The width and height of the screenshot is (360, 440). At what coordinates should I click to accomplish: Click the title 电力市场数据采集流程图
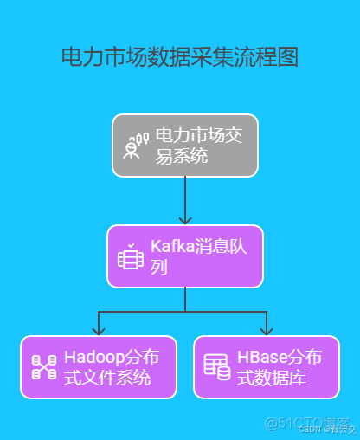click(x=180, y=58)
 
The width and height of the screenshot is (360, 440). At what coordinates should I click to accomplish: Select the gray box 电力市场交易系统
click(x=185, y=146)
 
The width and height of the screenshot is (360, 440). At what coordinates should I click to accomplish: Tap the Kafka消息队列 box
click(x=185, y=256)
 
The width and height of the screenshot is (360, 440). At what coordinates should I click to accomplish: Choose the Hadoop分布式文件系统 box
click(x=100, y=367)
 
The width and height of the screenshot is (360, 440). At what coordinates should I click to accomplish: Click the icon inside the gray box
click(x=132, y=146)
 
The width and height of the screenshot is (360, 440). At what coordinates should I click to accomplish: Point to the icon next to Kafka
click(x=130, y=257)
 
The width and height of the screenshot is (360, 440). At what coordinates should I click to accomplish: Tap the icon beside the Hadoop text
click(x=43, y=367)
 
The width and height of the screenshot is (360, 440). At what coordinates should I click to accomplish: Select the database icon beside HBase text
click(x=216, y=366)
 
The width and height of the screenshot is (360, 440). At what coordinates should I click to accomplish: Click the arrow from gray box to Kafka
click(x=185, y=200)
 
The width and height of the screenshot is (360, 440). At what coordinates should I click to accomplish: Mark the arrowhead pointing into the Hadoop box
click(x=100, y=330)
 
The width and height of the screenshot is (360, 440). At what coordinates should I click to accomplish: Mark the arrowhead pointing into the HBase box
click(x=267, y=330)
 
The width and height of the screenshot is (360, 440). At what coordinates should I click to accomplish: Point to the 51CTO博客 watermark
click(x=298, y=423)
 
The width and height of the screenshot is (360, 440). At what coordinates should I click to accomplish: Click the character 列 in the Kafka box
click(x=159, y=268)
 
